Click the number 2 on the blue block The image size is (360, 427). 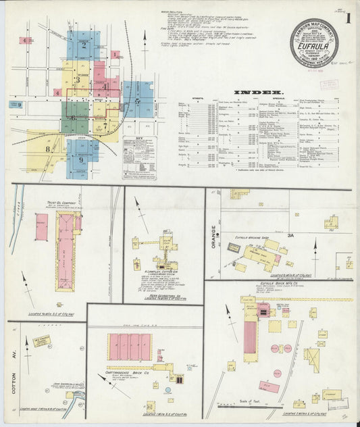[84, 46]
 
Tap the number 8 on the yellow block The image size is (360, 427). [47, 148]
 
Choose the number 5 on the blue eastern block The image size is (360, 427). [138, 100]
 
